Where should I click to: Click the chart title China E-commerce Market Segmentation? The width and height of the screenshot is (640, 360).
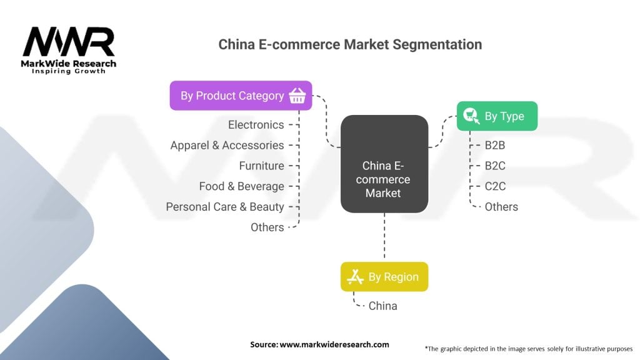point(350,44)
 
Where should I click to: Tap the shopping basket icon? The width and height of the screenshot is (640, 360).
point(297,96)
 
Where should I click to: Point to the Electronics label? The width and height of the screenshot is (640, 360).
point(256,125)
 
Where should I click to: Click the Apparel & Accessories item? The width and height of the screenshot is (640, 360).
point(227,146)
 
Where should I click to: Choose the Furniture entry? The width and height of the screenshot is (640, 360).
point(261,166)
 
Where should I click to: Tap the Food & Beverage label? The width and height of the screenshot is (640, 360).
point(241,187)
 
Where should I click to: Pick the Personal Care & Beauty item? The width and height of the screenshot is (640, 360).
point(225,207)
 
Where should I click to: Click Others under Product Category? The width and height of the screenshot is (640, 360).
point(267,227)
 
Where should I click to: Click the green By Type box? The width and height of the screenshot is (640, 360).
point(497,116)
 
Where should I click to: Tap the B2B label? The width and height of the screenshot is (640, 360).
point(495,145)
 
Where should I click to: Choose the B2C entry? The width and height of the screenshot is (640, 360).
point(495,166)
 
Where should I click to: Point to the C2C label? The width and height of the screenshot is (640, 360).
point(495,186)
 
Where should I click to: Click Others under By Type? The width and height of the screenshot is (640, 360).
point(501,207)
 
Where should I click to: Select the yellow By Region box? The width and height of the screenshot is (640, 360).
point(384,277)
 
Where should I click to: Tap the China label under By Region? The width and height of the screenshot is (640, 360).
point(382,306)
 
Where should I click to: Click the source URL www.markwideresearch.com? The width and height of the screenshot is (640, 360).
point(335,344)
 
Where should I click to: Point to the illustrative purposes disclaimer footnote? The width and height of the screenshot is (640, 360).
point(528,348)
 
